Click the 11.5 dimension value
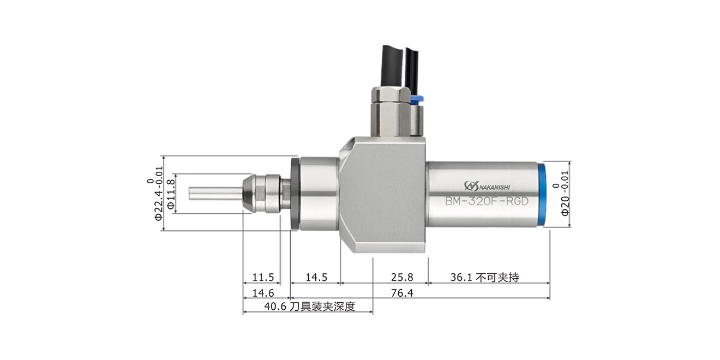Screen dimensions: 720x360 coord(263,277)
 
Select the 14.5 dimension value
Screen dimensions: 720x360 coord(316,277)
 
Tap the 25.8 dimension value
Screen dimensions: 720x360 coord(402,277)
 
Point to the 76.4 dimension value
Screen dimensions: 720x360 coord(402,293)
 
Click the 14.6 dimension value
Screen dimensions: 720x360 coord(263,293)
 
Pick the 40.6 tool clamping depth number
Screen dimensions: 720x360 coord(275,307)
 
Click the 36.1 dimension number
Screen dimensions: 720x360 coord(461,277)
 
